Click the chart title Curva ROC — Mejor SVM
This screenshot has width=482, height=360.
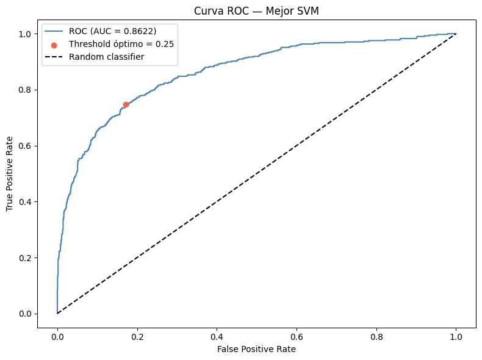256,11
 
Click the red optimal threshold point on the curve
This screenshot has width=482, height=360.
126,104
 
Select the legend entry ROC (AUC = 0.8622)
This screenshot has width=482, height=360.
112,31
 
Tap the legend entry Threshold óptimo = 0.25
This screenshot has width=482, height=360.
121,45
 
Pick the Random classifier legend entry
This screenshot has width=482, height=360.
106,57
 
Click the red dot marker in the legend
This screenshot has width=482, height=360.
54,46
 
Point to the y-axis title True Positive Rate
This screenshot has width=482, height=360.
10,174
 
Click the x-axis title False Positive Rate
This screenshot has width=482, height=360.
256,349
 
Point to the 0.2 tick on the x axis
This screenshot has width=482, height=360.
137,337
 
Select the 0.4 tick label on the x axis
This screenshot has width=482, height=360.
217,337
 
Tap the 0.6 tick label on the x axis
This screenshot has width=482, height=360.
297,337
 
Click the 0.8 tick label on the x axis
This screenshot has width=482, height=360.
376,337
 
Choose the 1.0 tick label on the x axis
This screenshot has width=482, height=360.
456,337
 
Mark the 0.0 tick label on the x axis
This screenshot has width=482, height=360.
57,337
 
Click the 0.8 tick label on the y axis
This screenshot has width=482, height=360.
25,90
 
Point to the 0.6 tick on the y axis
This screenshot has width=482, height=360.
25,146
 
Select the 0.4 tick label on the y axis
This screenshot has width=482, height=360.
25,202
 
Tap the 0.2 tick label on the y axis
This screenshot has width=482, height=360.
25,257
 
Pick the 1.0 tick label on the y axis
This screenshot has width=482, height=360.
25,34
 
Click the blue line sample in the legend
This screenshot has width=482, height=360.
54,31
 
